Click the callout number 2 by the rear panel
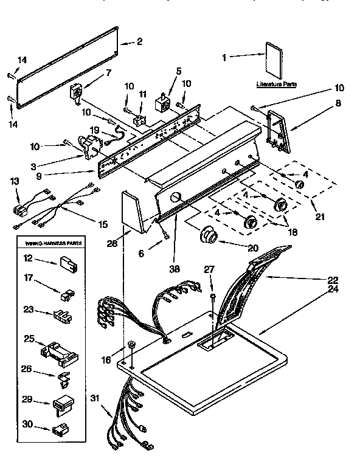point(140,41)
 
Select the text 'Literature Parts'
point(276,85)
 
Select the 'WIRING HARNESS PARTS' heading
point(54,243)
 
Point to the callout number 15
point(103,224)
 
